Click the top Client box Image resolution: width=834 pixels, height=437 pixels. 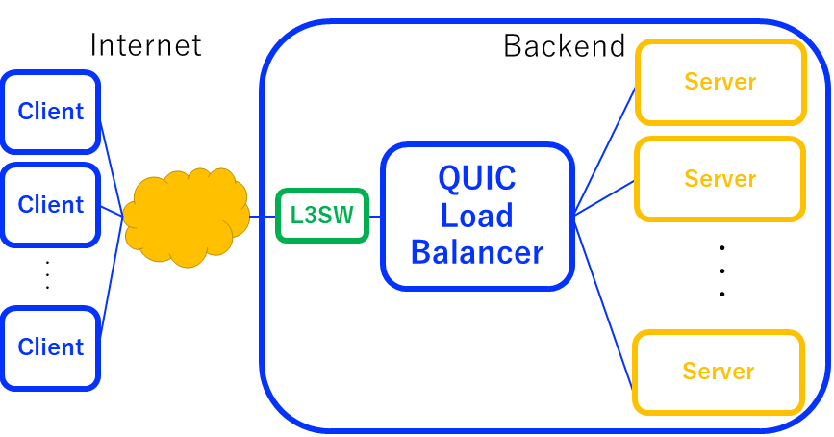(x=51, y=112)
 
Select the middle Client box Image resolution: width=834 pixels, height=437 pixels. (x=51, y=205)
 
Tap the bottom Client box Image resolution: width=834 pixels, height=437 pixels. (x=51, y=347)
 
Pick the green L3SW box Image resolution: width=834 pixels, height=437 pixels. (x=322, y=216)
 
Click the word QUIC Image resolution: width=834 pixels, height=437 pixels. (x=477, y=178)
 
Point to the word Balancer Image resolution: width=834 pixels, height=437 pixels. (x=477, y=252)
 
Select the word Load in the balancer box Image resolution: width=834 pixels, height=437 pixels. (x=477, y=216)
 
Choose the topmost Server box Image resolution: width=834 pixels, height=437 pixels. (x=720, y=82)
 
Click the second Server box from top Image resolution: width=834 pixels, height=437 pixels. (x=720, y=179)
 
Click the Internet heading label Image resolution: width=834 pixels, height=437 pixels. (x=145, y=45)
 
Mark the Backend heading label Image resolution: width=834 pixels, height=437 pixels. (x=565, y=45)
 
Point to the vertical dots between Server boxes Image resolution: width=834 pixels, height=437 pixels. (x=721, y=270)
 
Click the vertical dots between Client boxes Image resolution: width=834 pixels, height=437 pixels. (x=47, y=274)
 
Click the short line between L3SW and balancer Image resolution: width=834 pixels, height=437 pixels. (x=375, y=216)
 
